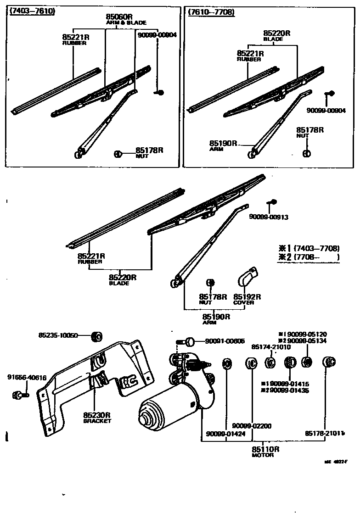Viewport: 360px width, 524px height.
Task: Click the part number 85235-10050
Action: (x=58, y=335)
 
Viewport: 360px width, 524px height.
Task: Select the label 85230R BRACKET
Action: (x=97, y=418)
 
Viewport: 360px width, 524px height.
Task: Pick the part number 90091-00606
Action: (x=225, y=341)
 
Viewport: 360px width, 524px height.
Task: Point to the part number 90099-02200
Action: (x=252, y=426)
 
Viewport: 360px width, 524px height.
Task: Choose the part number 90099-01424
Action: (x=225, y=434)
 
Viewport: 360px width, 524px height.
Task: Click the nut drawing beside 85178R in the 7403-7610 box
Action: (x=118, y=154)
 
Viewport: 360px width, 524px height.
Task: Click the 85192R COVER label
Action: (x=247, y=299)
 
